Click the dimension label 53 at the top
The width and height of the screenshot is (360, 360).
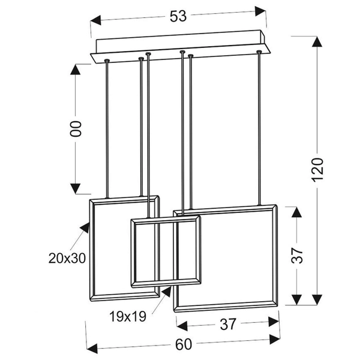178,16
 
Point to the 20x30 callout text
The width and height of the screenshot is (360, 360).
67,259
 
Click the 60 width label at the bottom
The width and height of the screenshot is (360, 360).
184,344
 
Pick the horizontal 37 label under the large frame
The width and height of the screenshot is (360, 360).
228,325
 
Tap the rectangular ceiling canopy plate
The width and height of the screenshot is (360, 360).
180,48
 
